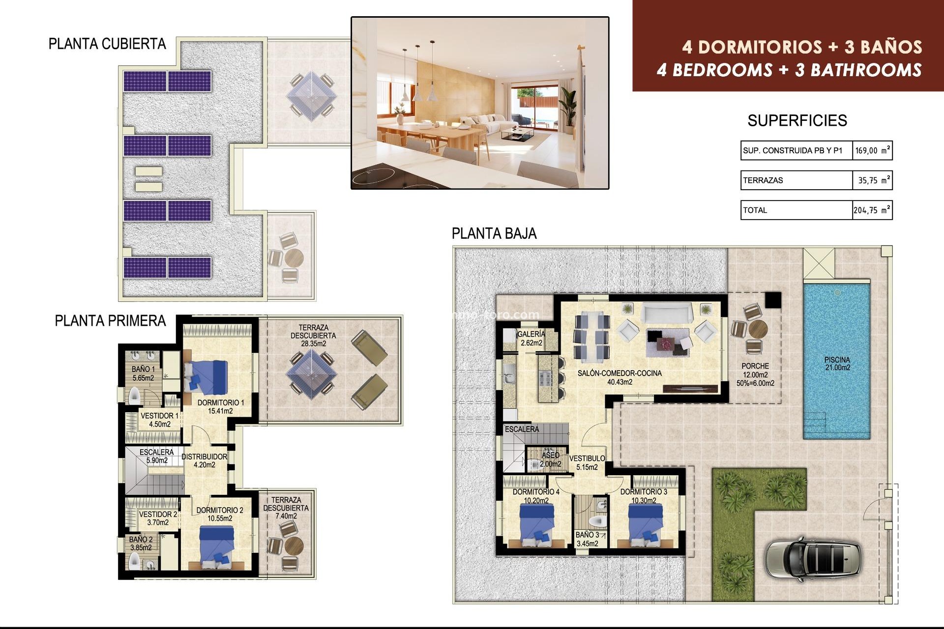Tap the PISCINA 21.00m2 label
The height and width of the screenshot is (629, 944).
click(x=837, y=364)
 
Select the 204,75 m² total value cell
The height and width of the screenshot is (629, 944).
click(x=872, y=210)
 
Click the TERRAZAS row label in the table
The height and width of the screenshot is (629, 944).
click(x=763, y=180)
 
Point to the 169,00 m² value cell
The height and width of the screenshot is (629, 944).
click(x=872, y=150)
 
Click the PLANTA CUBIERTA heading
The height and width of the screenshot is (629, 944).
click(x=107, y=44)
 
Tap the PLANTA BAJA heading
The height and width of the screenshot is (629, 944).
click(x=494, y=233)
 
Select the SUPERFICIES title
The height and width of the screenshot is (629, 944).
click(x=797, y=121)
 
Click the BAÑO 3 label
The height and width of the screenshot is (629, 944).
click(x=588, y=539)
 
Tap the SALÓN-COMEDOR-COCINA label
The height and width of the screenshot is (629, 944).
click(x=619, y=377)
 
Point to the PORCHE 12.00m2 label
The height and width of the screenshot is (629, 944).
click(x=755, y=374)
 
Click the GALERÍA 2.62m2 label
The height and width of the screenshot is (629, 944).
click(x=531, y=339)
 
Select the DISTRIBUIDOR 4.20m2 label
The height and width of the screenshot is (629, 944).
click(x=204, y=460)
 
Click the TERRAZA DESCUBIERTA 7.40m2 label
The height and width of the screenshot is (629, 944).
click(x=286, y=508)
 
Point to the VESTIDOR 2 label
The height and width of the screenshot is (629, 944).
click(x=158, y=518)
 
